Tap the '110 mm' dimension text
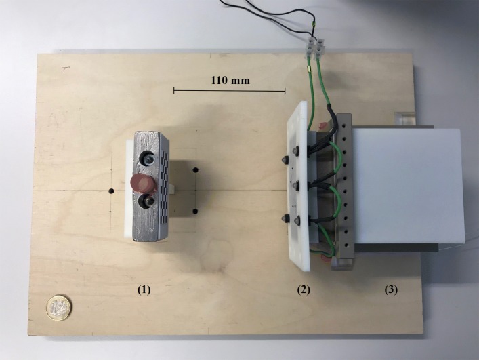coord(230,80)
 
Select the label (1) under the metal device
coord(144,289)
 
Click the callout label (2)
coord(304,289)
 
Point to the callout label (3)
coord(391,289)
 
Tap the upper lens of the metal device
coord(146,160)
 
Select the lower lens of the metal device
coord(147,201)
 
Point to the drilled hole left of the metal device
coord(110,192)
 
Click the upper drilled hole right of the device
coord(194,170)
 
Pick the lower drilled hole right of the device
coord(194,212)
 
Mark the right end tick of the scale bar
coord(285,90)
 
